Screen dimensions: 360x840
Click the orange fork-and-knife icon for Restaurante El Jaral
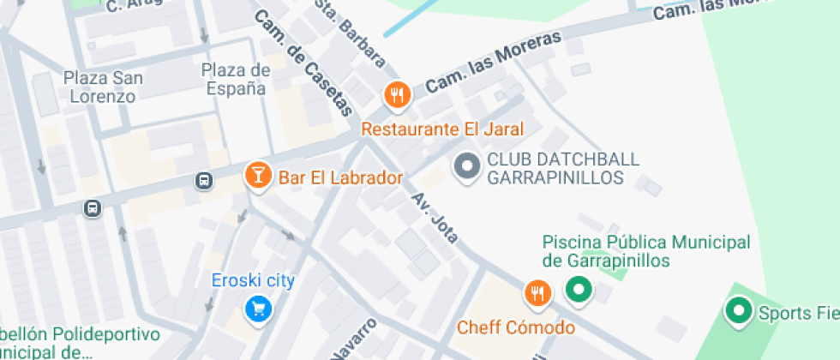pos(396,95)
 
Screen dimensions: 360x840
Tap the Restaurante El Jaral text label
pos(442,129)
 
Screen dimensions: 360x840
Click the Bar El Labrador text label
pos(340,178)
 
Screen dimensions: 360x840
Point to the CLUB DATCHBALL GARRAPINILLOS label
pos(555,169)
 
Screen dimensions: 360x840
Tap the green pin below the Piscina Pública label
pos(578,290)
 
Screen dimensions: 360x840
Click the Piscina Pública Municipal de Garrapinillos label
pos(646,251)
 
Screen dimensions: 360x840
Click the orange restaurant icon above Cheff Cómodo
pos(537,293)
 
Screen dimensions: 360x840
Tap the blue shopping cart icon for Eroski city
pos(255,309)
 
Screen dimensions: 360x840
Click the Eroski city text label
pos(254,280)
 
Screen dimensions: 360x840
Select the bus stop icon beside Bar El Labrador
pos(204,180)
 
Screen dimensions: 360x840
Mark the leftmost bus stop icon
pos(92,208)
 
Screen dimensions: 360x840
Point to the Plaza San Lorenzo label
pos(103,87)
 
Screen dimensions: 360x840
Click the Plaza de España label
pos(236,78)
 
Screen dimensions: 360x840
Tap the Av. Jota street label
pos(435,218)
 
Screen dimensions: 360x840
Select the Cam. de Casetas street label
pos(304,63)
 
